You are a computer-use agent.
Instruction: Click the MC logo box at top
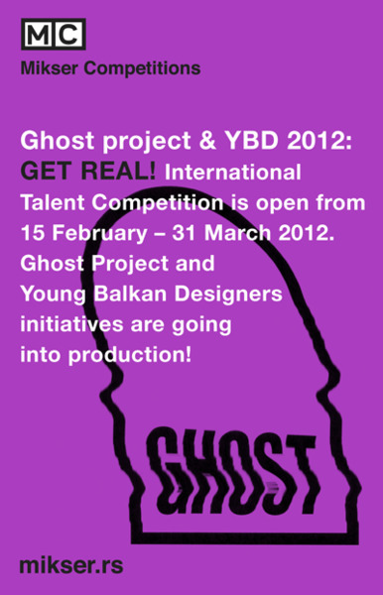click(53, 36)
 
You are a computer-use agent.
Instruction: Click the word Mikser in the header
click(51, 68)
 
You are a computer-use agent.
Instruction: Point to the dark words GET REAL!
click(87, 172)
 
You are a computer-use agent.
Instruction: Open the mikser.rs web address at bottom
click(70, 566)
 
